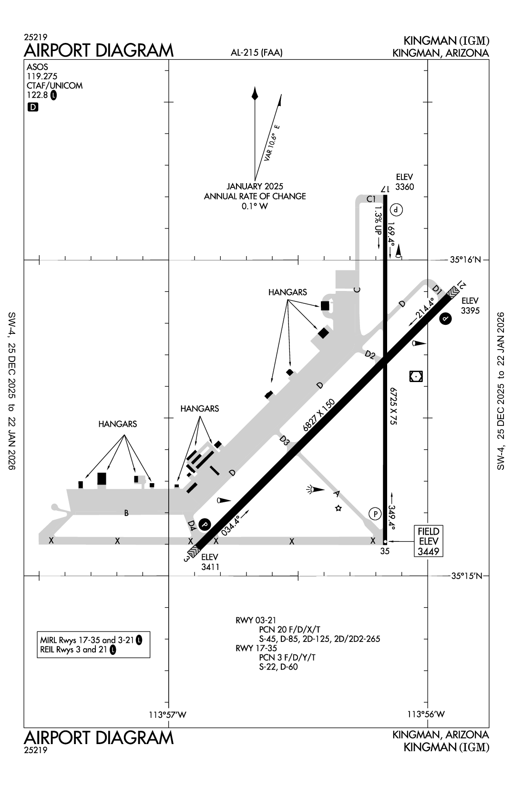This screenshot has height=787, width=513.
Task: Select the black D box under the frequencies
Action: tap(33, 107)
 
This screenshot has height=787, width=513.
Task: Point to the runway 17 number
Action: tap(385, 189)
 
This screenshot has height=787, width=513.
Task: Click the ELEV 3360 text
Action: tap(404, 182)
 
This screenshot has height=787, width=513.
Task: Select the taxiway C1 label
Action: tap(371, 199)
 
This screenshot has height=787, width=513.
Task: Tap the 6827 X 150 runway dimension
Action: tap(319, 415)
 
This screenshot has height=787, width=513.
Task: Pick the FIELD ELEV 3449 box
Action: tap(428, 541)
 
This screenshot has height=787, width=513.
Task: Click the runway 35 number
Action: tap(385, 551)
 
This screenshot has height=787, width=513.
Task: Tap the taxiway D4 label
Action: tap(192, 526)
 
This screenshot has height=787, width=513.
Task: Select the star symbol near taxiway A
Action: tap(339, 508)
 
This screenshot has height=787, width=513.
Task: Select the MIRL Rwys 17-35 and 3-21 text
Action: tap(87, 640)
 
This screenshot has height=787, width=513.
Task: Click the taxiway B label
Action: tap(126, 513)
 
